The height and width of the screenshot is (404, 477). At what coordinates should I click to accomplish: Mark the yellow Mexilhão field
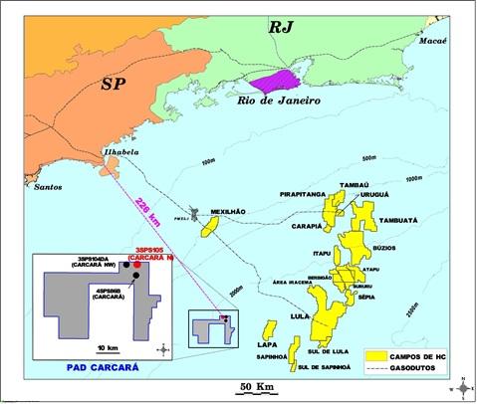click(x=211, y=229)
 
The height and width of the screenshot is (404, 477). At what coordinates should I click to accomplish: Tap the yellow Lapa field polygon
click(x=268, y=330)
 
